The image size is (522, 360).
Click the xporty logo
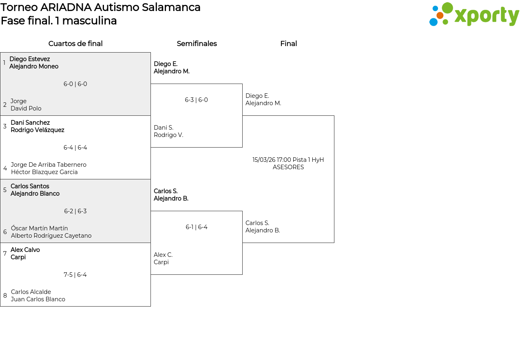[474, 15]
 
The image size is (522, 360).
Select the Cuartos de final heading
[75, 44]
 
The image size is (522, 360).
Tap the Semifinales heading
[197, 44]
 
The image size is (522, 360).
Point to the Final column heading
[288, 44]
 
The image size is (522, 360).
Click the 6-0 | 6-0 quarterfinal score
[75, 84]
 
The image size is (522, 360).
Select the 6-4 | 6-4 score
[75, 148]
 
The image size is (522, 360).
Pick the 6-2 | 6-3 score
[75, 211]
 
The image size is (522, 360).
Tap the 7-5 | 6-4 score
[75, 275]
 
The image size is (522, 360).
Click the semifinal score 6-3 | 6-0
[196, 100]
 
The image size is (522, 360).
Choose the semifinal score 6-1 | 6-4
[196, 227]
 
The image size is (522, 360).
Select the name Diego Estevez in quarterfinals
[29, 59]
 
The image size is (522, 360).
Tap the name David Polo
[26, 108]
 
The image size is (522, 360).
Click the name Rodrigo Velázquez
[38, 130]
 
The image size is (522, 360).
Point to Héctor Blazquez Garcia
[44, 172]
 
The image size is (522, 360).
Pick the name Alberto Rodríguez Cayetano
[51, 236]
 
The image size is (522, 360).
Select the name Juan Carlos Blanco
[38, 299]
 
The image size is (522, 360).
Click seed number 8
[5, 296]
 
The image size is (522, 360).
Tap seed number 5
[5, 190]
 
